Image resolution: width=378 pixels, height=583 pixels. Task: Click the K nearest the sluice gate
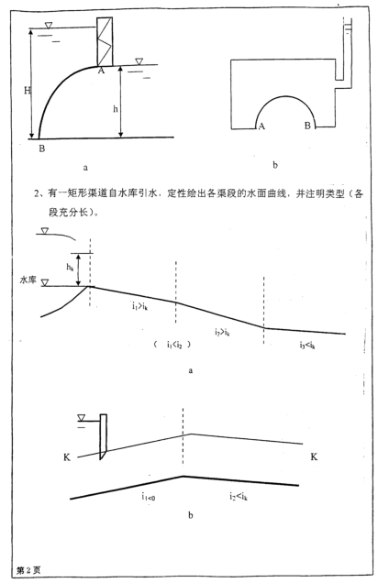click(x=67, y=456)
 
